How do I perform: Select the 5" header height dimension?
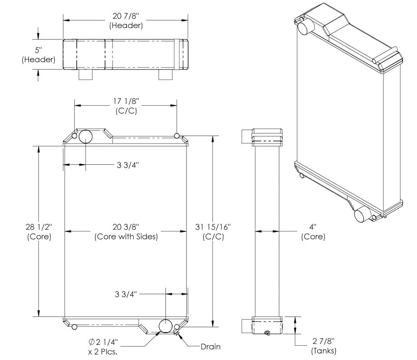coord(38,55)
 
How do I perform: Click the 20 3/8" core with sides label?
coord(126,231)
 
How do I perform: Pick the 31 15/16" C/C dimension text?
coord(213,231)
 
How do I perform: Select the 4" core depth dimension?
coord(313,231)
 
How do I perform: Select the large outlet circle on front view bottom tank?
coord(165,326)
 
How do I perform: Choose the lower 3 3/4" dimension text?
coord(126,294)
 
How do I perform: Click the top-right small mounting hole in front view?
coord(177,136)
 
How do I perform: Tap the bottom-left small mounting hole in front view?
coord(75,327)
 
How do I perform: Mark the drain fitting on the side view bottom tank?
coord(268,333)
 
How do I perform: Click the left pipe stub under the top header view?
coord(86,75)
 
